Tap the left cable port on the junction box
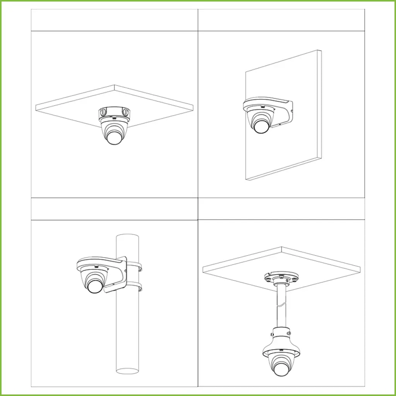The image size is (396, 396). click(x=102, y=112)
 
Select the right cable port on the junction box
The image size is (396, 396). click(x=126, y=112)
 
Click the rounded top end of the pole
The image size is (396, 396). click(x=128, y=237)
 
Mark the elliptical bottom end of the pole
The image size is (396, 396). click(x=128, y=371)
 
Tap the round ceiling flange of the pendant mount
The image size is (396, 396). click(x=282, y=277)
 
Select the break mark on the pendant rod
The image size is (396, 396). click(x=282, y=306)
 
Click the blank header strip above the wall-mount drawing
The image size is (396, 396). click(x=282, y=20)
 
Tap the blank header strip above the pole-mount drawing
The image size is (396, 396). click(x=114, y=209)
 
